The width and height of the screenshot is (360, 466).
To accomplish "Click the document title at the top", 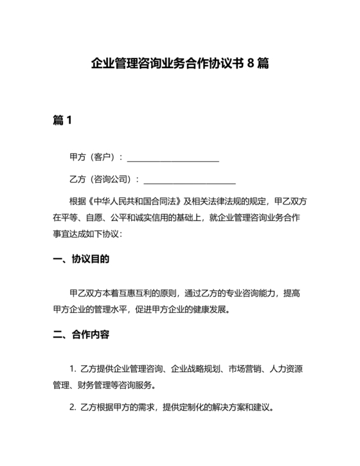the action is pos(179,64).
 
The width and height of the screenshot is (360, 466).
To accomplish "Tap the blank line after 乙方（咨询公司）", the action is pos(190,179).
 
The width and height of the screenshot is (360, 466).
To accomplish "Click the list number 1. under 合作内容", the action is pos(73,370).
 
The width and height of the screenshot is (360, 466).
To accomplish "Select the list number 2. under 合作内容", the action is pos(73,407).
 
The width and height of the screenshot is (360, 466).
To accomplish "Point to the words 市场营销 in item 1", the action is pos(228,370).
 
